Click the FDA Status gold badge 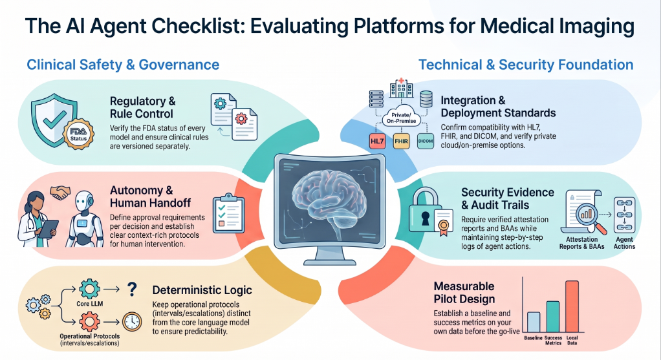[x=78, y=134]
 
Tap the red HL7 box [x=377, y=141]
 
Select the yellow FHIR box [x=401, y=141]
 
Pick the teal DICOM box [x=426, y=141]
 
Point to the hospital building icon [x=401, y=88]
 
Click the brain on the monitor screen [x=330, y=198]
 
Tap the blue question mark [x=133, y=290]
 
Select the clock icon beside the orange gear [x=132, y=322]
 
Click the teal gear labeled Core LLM [x=89, y=289]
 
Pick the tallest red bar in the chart [x=572, y=306]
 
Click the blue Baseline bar [x=534, y=322]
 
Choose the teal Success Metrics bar [x=553, y=317]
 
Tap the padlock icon [x=426, y=211]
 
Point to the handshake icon [x=60, y=193]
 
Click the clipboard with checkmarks [x=228, y=213]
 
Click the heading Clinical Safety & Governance [x=123, y=65]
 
